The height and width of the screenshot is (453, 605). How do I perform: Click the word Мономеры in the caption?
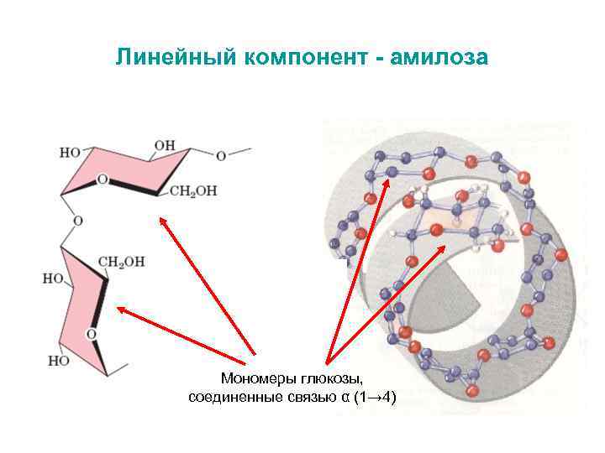[x=255, y=378]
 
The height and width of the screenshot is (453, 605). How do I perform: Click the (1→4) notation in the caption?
[x=375, y=396]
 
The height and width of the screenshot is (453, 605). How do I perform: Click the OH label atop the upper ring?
[x=164, y=146]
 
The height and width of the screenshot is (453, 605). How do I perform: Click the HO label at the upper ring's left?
[x=71, y=153]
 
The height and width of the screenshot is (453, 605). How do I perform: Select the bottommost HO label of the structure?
[x=59, y=361]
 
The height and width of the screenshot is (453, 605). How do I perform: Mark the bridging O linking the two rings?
[x=77, y=221]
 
